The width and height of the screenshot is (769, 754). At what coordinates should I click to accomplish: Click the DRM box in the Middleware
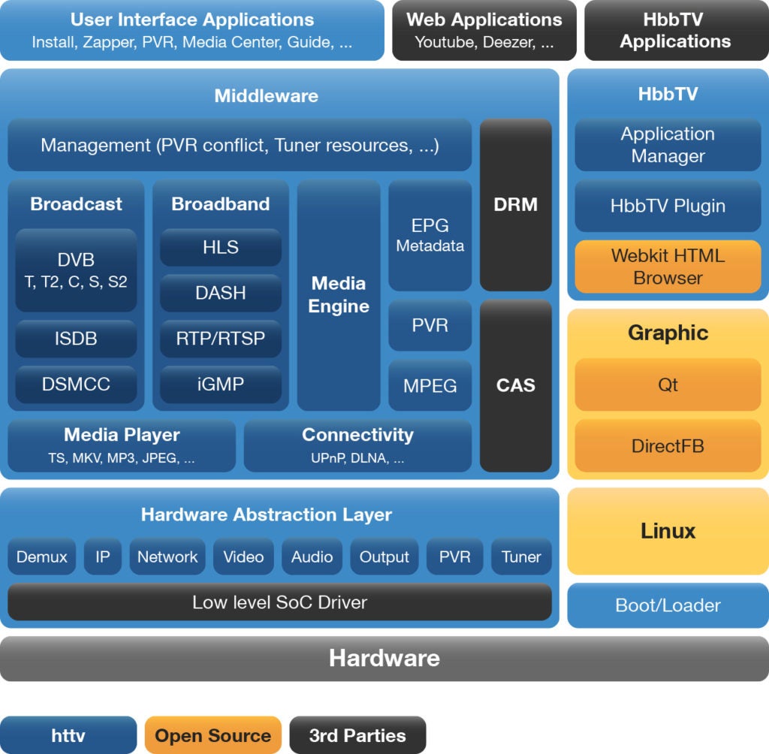pos(516,204)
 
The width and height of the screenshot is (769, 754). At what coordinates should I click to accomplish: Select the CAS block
pos(516,385)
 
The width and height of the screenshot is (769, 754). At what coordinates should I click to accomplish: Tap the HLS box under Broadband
pos(221,247)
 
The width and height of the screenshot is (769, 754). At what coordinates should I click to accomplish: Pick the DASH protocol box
pos(221,293)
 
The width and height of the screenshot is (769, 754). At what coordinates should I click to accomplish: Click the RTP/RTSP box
pos(221,339)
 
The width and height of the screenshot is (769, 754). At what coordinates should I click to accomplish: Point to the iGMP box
pos(221,384)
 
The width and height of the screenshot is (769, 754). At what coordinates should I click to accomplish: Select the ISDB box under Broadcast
pos(76,339)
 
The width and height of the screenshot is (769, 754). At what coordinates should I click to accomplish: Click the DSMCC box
pos(76,384)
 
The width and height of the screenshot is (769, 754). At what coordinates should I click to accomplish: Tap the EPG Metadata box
pos(430,235)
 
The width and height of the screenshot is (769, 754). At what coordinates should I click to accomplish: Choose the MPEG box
pos(430,385)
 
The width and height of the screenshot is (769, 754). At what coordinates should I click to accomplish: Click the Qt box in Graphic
pos(668,385)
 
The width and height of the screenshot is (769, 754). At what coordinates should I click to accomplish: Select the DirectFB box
pos(668,445)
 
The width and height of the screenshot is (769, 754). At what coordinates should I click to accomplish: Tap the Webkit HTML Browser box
pos(668,267)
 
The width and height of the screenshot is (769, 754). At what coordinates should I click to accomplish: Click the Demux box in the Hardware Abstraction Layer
pos(42,556)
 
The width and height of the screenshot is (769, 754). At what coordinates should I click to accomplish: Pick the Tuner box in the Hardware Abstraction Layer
pos(521,556)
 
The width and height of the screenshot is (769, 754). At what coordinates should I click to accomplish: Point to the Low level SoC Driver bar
pos(279,602)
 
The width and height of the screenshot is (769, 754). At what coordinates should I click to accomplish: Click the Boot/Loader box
pos(668,605)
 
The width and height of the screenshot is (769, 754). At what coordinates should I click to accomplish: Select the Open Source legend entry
pos(213,735)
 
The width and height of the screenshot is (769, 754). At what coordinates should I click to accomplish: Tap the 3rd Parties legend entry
pos(357,735)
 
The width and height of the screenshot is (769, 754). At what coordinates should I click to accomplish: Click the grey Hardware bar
pos(384,659)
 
